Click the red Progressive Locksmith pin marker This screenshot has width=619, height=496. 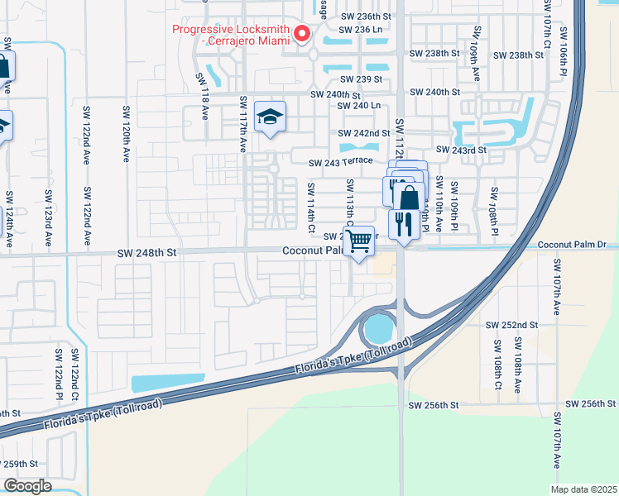point(302,34)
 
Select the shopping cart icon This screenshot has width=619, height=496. point(358,241)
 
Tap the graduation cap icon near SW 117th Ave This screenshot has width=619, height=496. point(270,117)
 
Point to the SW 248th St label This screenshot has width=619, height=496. point(148,251)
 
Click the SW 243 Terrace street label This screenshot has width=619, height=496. point(342,162)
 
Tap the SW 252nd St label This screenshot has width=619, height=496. point(511,325)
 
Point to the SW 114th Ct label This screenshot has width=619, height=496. point(311,207)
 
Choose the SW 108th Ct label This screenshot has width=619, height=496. point(498,364)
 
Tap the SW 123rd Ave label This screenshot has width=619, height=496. point(48,218)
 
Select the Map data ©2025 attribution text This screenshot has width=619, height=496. point(583,489)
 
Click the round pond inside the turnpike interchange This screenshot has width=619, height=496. point(378,330)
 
